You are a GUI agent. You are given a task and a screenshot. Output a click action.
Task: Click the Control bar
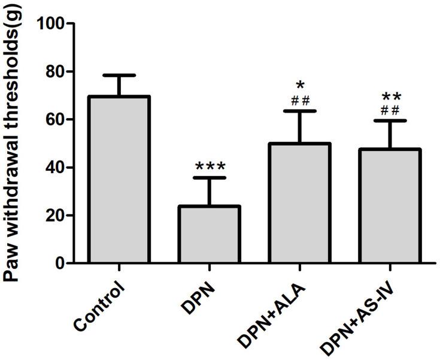click(x=119, y=180)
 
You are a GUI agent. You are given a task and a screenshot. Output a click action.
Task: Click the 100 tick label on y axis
click(x=51, y=24)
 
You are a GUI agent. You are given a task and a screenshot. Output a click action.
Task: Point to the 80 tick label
click(x=56, y=72)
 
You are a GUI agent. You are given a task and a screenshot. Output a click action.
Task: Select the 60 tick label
click(x=56, y=120)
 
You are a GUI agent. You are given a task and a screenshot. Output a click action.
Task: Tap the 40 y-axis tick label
click(x=56, y=168)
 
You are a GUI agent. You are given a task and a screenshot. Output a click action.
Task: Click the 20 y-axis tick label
click(x=56, y=216)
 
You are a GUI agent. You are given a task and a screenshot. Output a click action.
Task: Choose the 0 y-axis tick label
click(x=60, y=264)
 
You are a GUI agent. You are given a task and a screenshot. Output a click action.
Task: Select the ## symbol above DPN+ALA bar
click(x=300, y=99)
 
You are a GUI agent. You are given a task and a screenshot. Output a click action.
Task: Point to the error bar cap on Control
click(x=119, y=75)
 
